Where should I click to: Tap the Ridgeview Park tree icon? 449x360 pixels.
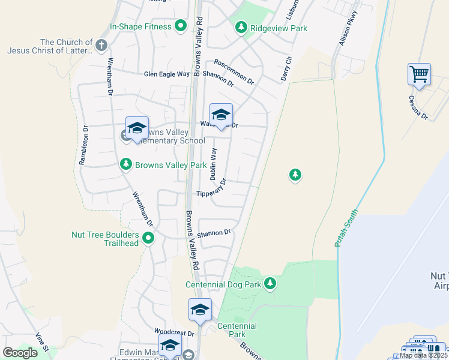(x=241, y=27)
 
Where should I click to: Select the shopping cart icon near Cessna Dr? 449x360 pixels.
(x=419, y=75)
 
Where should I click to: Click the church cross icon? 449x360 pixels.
(x=101, y=45)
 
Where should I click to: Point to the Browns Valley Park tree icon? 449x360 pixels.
(x=126, y=164)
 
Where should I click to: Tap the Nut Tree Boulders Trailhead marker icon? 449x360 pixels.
(x=149, y=239)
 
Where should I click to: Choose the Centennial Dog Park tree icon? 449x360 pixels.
(x=270, y=283)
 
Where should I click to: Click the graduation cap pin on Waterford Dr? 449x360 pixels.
(x=221, y=115)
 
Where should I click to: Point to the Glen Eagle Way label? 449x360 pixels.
(x=166, y=74)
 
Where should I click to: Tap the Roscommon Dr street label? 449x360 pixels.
(x=234, y=71)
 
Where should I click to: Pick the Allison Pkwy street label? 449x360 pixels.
(x=348, y=28)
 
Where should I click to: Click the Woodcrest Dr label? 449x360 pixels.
(x=174, y=332)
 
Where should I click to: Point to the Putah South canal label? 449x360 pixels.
(x=346, y=228)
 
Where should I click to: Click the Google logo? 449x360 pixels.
(x=20, y=352)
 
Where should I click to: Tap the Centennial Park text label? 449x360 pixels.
(x=237, y=329)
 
